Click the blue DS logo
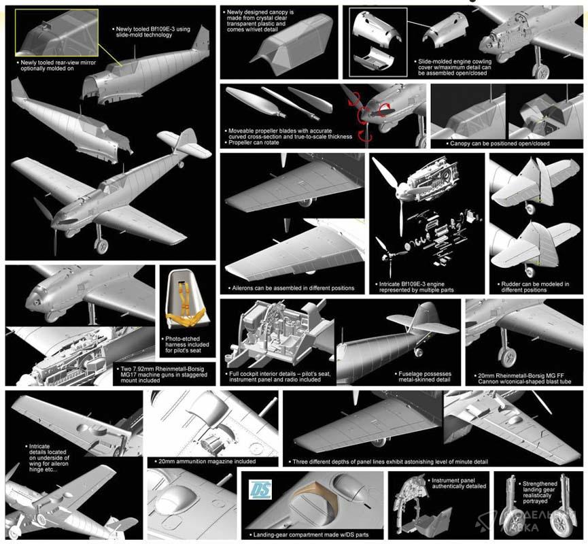(260, 489)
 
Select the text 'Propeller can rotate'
(254, 143)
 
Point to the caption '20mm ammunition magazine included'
(207, 461)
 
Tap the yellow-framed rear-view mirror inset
(56, 33)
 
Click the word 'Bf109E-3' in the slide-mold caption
(164, 29)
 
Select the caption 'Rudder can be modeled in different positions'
(535, 287)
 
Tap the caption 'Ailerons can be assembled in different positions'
(293, 288)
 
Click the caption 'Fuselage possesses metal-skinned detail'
(424, 377)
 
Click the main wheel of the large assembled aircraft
(101, 246)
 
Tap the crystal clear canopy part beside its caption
(292, 44)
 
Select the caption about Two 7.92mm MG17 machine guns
(164, 375)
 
